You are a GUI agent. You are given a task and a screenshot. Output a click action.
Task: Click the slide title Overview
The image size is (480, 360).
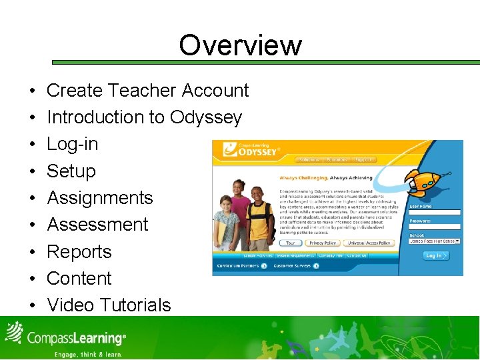[240, 45]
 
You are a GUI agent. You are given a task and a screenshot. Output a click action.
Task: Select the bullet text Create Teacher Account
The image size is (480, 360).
[147, 91]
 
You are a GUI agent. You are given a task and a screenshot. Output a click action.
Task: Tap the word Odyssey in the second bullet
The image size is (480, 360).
[205, 117]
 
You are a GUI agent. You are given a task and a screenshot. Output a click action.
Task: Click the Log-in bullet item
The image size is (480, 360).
[72, 144]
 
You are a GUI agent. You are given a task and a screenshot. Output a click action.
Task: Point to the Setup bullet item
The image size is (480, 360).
[71, 171]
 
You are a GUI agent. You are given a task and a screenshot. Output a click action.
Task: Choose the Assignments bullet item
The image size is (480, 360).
[99, 198]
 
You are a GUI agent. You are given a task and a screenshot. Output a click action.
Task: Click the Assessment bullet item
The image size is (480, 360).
[97, 225]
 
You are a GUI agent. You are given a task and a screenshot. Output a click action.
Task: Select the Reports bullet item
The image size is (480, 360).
[79, 252]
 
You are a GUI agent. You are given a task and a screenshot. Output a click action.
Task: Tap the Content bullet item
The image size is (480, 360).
[79, 279]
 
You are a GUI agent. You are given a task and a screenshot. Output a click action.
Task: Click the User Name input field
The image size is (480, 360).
[435, 213]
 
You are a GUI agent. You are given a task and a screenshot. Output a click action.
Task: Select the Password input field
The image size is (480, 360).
[435, 227]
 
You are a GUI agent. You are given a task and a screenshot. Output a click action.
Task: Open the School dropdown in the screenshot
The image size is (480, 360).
[435, 241]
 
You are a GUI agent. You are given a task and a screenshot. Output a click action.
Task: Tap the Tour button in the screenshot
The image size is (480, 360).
[291, 243]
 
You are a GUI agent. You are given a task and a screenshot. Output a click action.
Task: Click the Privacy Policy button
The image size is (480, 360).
[323, 243]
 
